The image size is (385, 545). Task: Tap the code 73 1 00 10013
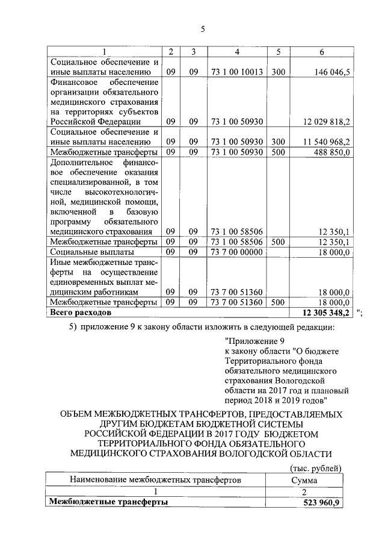[237, 72]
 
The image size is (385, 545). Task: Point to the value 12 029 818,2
[327, 122]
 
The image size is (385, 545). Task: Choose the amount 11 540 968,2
[327, 142]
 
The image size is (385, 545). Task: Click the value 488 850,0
[331, 152]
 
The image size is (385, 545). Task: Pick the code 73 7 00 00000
[237, 252]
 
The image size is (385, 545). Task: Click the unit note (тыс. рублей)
[316, 468]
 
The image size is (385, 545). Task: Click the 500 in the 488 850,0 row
[277, 152]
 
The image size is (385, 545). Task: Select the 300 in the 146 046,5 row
[277, 72]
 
